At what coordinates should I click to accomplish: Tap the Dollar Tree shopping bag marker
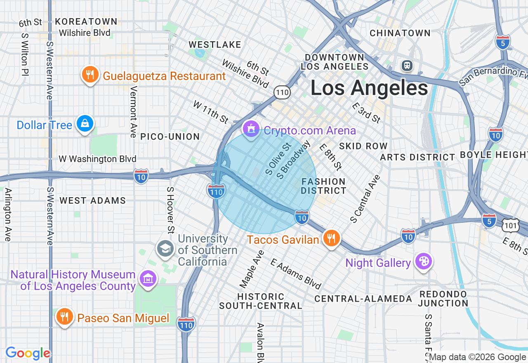(85, 124)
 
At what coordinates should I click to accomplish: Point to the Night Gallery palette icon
(423, 262)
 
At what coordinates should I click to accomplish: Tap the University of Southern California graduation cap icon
(165, 249)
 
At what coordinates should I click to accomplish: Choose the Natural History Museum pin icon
(148, 279)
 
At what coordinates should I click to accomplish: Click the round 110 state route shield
(283, 92)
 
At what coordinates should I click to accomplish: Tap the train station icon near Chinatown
(407, 65)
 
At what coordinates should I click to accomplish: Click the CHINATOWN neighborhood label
(400, 33)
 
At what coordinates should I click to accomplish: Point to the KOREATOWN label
(86, 21)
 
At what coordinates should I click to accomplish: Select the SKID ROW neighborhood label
(363, 146)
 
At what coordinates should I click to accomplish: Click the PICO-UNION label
(170, 137)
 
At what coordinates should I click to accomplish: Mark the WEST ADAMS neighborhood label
(93, 201)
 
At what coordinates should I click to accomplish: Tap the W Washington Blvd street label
(97, 159)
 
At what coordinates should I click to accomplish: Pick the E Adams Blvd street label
(296, 273)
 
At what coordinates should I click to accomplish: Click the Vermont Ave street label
(133, 111)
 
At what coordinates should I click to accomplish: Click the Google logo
(28, 354)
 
